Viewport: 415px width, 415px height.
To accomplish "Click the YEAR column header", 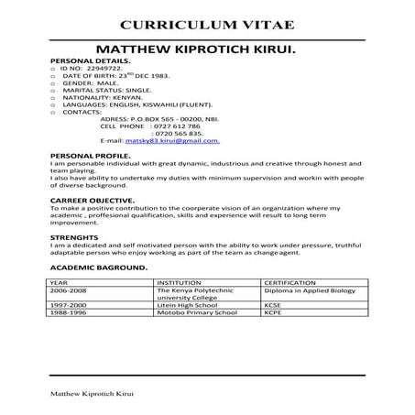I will [60, 283].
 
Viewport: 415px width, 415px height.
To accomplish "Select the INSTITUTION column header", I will [180, 283].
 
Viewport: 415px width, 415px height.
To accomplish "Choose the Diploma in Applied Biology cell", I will [308, 290].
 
